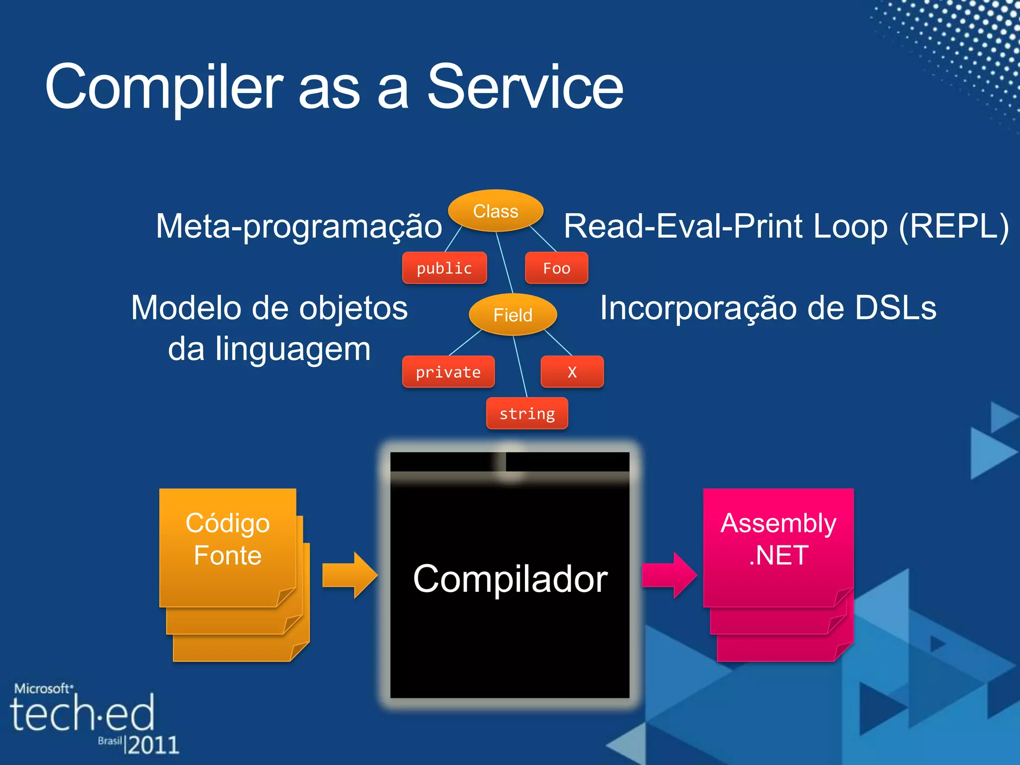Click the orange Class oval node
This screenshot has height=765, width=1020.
click(496, 211)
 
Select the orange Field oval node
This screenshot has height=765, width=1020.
click(512, 315)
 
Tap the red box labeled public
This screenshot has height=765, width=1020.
click(444, 268)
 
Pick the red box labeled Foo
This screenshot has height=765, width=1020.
click(556, 268)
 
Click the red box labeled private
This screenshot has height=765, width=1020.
click(448, 372)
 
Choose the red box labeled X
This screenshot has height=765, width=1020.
click(572, 372)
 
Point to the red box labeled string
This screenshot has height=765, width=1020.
click(527, 413)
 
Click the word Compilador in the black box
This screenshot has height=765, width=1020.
click(510, 579)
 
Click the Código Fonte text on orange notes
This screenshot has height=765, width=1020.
click(228, 539)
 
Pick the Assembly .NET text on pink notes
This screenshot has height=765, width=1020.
click(778, 539)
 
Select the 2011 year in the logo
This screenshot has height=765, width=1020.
click(153, 745)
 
